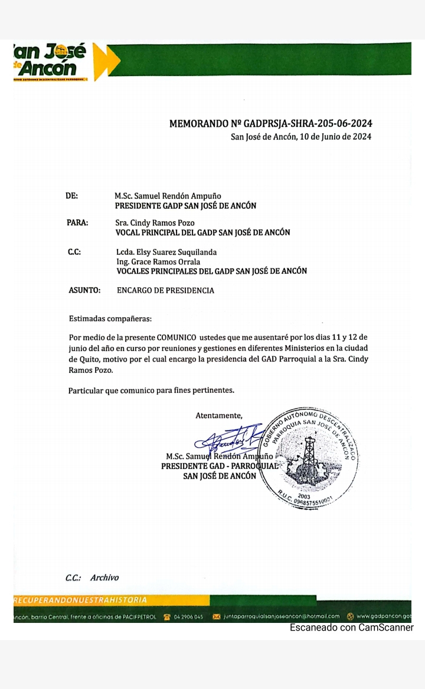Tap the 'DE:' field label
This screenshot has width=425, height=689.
pyautogui.click(x=71, y=196)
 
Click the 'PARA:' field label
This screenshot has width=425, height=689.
pyautogui.click(x=77, y=222)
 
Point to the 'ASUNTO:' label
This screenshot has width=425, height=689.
pyautogui.click(x=84, y=290)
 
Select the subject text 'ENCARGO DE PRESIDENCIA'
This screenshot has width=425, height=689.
pyautogui.click(x=165, y=290)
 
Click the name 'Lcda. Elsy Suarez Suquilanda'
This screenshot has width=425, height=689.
pyautogui.click(x=166, y=252)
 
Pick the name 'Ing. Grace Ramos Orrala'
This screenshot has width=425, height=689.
pyautogui.click(x=158, y=261)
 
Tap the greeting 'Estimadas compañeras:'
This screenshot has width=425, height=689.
pyautogui.click(x=110, y=319)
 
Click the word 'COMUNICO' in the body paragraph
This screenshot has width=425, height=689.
pyautogui.click(x=177, y=337)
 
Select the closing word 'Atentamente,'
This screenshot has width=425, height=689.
pyautogui.click(x=219, y=415)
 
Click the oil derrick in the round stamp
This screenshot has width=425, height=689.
pyautogui.click(x=309, y=455)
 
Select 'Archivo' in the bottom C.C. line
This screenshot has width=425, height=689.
pyautogui.click(x=104, y=578)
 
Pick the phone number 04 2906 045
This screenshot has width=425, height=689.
pyautogui.click(x=190, y=617)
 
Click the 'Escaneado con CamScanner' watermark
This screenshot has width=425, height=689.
pyautogui.click(x=351, y=628)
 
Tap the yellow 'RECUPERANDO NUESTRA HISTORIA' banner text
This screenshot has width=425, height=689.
pyautogui.click(x=80, y=600)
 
